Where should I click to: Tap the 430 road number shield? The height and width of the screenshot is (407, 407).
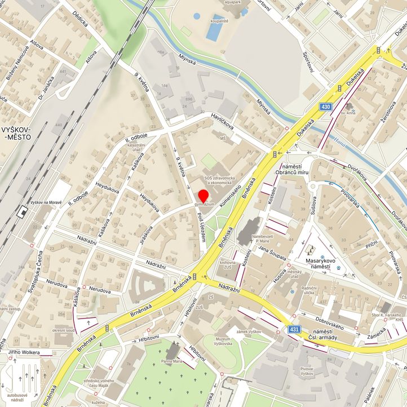tap(326, 106)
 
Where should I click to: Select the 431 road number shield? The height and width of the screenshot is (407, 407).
tap(294, 329)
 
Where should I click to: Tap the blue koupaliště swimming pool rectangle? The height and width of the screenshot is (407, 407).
tap(214, 31)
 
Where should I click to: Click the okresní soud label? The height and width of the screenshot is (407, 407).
tap(64, 330)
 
